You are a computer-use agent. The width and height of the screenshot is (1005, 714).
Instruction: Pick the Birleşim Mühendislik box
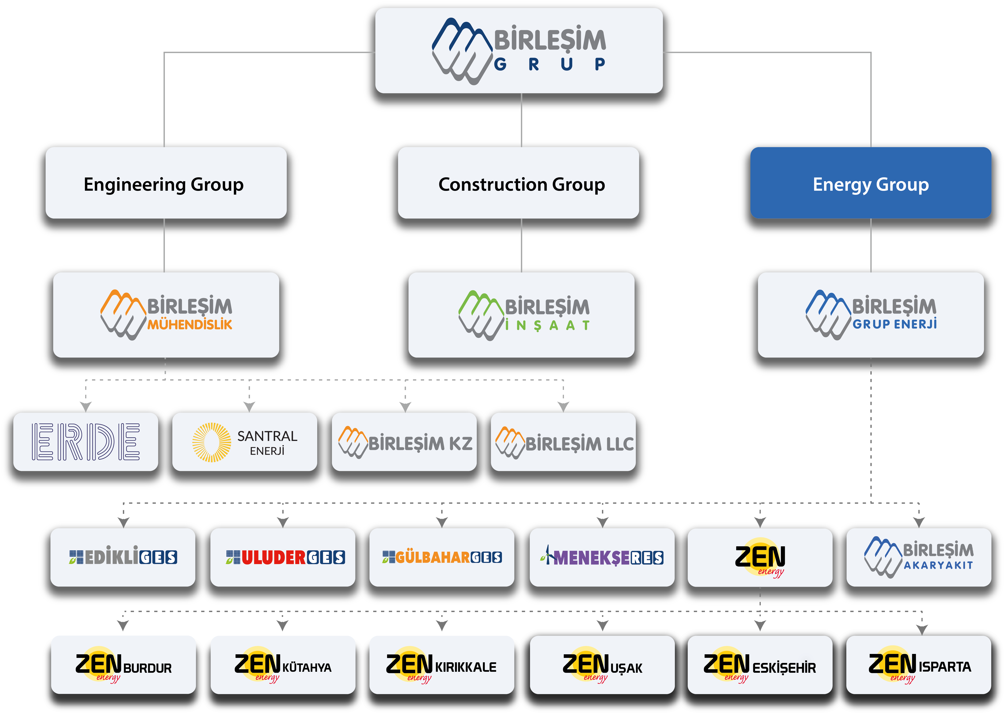point(166,315)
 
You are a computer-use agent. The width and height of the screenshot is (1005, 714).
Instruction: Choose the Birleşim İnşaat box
point(521,315)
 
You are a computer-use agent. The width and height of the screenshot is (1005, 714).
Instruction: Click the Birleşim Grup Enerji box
point(871,315)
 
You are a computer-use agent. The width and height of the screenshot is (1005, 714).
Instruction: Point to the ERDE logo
point(86,442)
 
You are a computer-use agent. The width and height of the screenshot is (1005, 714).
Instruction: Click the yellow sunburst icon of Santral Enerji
point(211,442)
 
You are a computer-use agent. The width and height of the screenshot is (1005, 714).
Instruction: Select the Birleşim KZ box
point(404,442)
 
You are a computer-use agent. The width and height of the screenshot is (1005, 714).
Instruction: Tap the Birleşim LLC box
point(563,442)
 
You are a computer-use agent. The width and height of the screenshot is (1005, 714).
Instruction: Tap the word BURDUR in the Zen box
point(147,668)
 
